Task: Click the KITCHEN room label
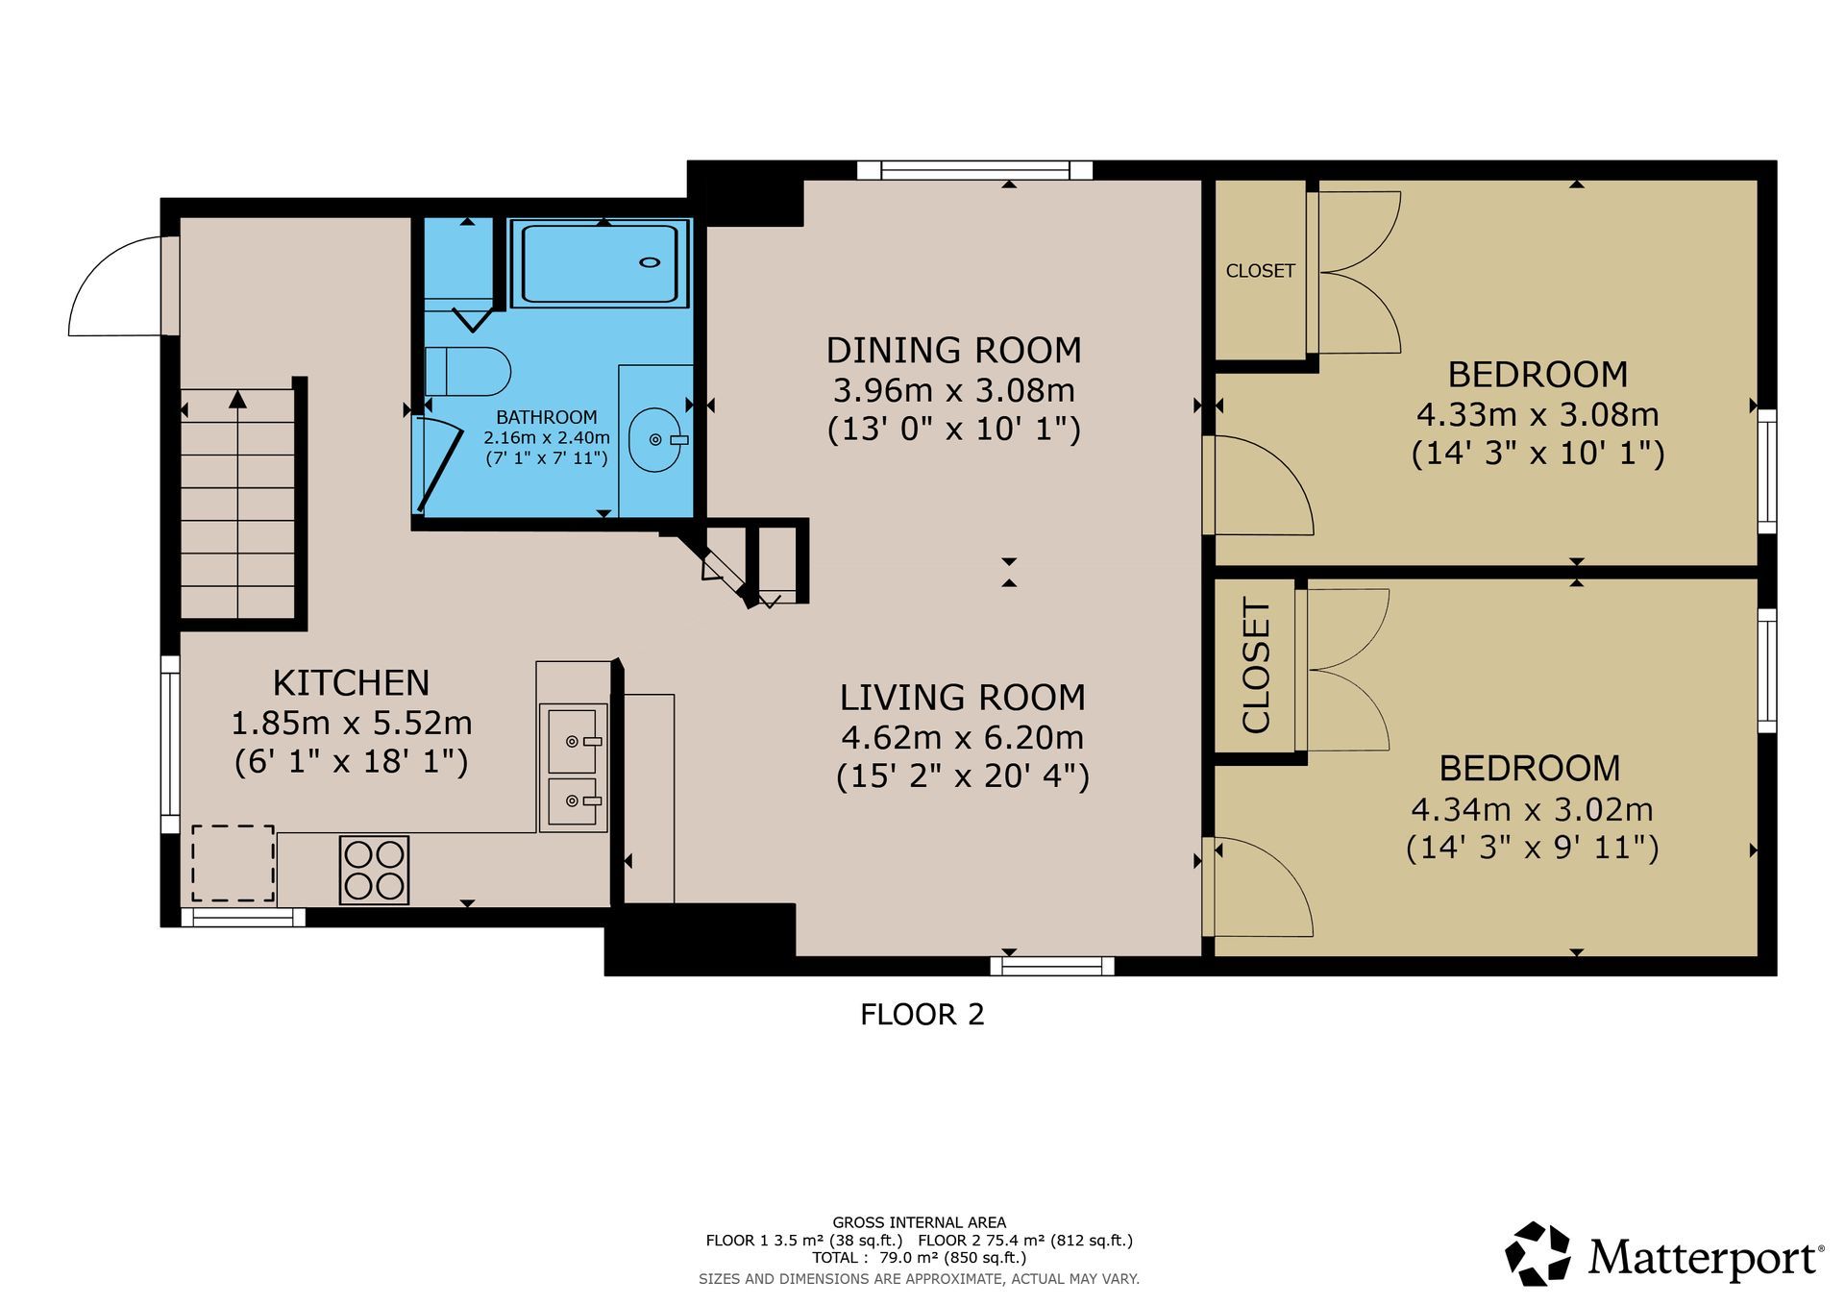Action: coord(351,683)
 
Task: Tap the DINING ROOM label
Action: coord(953,351)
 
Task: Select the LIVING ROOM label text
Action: coord(962,698)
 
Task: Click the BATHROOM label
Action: coord(546,417)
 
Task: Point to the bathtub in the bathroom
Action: coord(601,263)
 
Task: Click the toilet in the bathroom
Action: coord(467,372)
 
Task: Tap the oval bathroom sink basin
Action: coord(656,439)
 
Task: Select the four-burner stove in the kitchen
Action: coord(374,870)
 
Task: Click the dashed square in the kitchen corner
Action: coord(233,863)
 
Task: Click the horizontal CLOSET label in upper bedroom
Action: coord(1260,271)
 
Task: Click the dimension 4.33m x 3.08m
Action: coord(1537,415)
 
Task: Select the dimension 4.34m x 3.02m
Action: coord(1532,810)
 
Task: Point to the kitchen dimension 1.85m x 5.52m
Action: coord(351,723)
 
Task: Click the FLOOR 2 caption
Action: coord(922,1015)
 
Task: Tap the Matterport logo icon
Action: coord(1537,1253)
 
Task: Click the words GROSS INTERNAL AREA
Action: coord(920,1222)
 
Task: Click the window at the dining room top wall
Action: coord(975,170)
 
